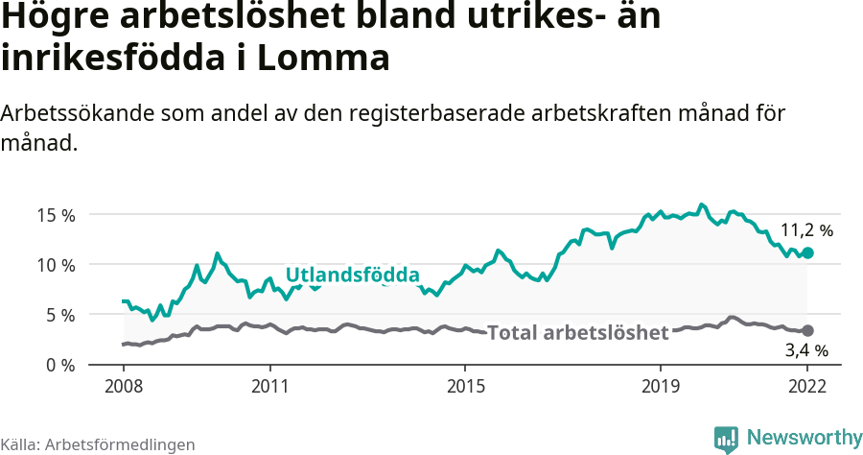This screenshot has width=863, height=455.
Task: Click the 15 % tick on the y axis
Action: (56, 214)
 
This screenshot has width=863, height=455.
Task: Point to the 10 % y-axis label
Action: (56, 264)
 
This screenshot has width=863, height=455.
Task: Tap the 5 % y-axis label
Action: (59, 314)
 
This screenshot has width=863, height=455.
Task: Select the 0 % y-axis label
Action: (59, 365)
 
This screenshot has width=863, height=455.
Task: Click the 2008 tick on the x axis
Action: (124, 386)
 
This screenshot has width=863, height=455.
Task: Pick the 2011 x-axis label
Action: (269, 386)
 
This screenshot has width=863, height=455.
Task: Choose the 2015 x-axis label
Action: (465, 386)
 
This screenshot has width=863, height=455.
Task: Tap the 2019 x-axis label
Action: (661, 386)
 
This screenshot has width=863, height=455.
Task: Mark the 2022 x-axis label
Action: (807, 386)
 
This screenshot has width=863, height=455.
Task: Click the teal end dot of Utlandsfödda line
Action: (807, 252)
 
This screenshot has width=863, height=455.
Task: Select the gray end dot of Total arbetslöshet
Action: (807, 330)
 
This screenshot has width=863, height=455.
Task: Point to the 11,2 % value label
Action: (806, 230)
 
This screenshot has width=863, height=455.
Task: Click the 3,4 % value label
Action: (806, 351)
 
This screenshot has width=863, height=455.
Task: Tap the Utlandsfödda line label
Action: (353, 275)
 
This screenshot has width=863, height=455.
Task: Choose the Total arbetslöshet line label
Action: (577, 333)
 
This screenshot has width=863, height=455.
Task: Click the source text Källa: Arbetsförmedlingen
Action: (98, 444)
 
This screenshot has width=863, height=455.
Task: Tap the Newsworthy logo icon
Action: (726, 439)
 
